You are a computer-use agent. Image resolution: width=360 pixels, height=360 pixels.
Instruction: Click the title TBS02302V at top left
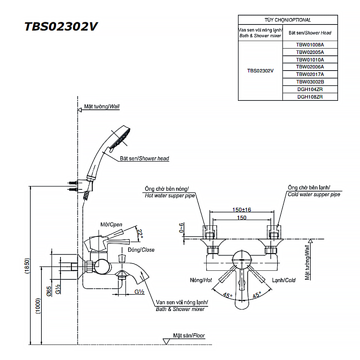click(x=60, y=27)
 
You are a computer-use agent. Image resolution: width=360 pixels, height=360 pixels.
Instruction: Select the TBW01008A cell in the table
click(x=310, y=45)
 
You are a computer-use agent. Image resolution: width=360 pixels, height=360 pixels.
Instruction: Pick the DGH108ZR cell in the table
click(x=310, y=97)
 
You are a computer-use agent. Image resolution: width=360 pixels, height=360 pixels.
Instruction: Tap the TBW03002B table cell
click(x=310, y=82)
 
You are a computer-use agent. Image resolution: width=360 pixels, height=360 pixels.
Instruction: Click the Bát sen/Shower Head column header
click(x=310, y=33)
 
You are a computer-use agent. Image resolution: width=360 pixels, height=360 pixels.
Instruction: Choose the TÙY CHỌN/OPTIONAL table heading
click(x=288, y=20)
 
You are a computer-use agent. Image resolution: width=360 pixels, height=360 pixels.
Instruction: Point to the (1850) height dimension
click(x=27, y=266)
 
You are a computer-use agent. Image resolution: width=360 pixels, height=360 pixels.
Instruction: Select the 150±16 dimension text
click(x=242, y=210)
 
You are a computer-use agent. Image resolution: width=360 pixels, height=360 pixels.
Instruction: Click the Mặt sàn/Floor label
click(x=189, y=336)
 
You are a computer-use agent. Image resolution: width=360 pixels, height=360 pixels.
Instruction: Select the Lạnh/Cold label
click(x=284, y=280)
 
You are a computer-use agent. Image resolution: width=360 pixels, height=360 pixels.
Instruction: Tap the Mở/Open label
click(x=111, y=225)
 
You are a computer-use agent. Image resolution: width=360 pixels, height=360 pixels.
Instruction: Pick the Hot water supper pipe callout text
click(x=170, y=196)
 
